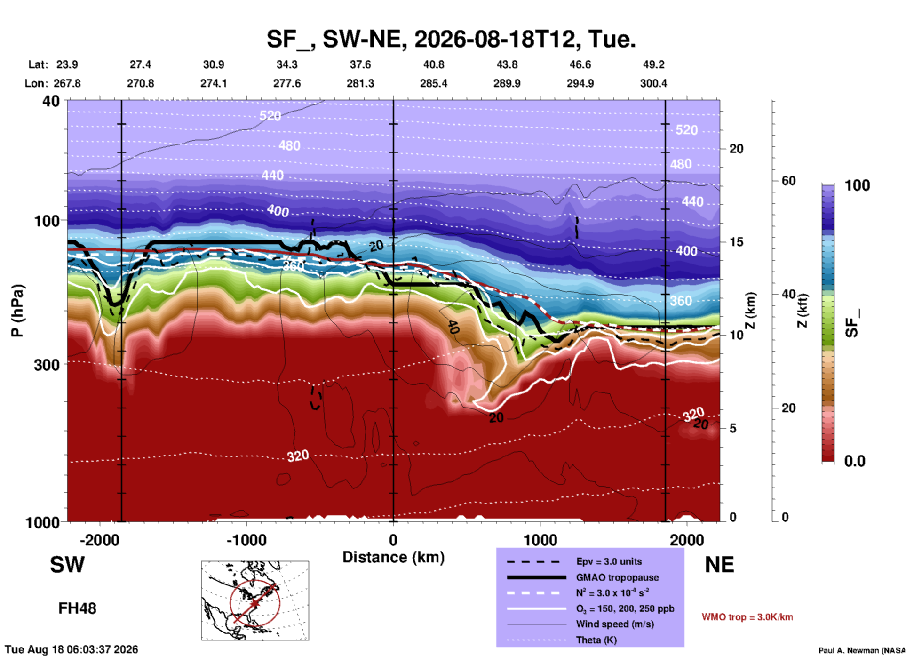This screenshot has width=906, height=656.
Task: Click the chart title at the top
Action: (x=451, y=39)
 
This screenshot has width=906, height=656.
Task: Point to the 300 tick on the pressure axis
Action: (x=47, y=365)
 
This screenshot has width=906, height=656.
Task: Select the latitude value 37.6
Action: (x=360, y=64)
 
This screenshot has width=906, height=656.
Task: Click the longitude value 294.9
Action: (x=580, y=83)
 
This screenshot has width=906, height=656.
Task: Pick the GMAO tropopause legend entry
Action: (x=617, y=577)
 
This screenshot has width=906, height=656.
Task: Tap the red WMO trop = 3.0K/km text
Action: (x=747, y=617)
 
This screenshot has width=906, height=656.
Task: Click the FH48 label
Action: (x=77, y=608)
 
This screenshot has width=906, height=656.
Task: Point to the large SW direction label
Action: (x=67, y=565)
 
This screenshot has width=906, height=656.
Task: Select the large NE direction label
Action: (x=719, y=565)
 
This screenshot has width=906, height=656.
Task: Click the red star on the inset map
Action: (x=254, y=603)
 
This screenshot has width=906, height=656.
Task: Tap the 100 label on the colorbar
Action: (x=857, y=185)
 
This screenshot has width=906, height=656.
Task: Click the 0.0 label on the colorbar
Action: (x=855, y=461)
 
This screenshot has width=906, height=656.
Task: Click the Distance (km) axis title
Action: (x=393, y=557)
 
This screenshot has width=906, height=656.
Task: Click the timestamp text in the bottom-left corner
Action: (x=72, y=649)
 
